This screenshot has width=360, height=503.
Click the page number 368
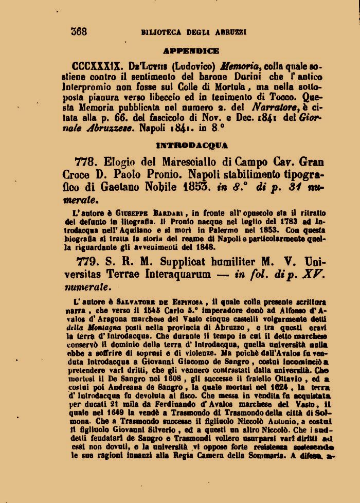(79, 31)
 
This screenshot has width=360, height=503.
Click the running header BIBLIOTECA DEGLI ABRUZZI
(194, 32)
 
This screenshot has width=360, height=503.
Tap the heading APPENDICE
(191, 51)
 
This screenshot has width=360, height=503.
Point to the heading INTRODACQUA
(191, 146)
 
